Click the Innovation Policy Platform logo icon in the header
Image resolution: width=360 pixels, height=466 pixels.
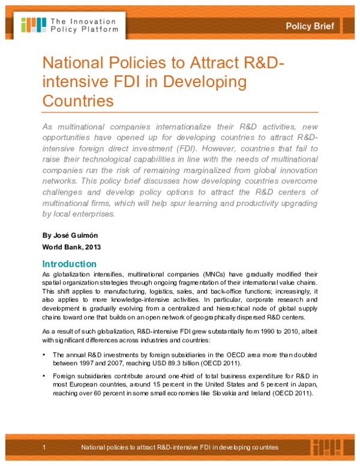tap(33, 24)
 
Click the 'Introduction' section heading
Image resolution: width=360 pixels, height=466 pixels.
tap(69, 264)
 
